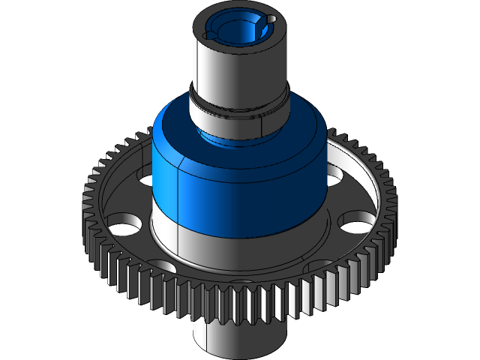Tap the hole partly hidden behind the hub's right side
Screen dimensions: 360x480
[334, 175]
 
